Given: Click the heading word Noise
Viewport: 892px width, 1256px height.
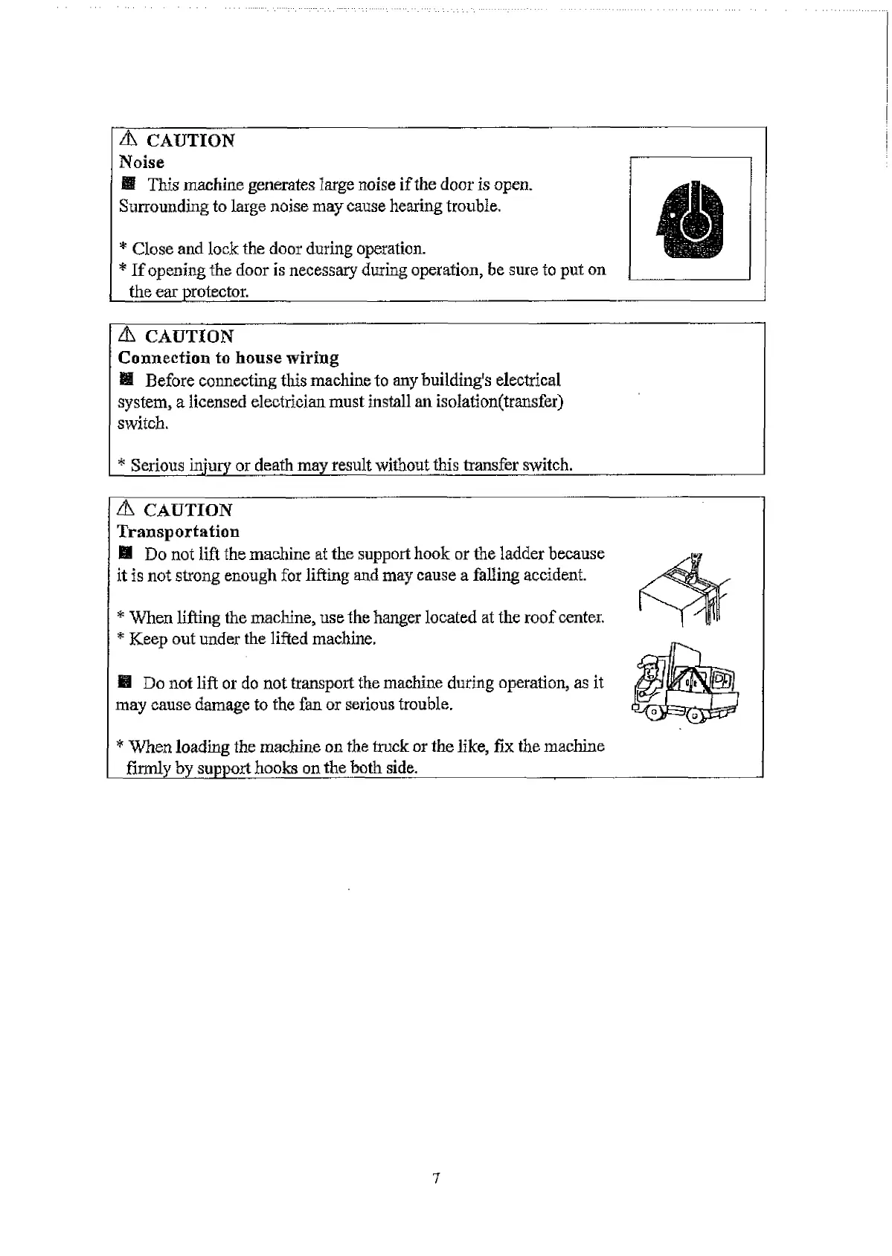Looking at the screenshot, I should pyautogui.click(x=141, y=162).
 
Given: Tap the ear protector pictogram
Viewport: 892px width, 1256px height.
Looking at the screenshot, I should pyautogui.click(x=690, y=218).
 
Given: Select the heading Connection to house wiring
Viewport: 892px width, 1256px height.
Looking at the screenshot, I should pyautogui.click(x=228, y=358).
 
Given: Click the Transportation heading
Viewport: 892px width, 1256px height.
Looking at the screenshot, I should pyautogui.click(x=179, y=532).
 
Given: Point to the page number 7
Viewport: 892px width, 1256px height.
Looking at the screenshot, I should pyautogui.click(x=436, y=1178).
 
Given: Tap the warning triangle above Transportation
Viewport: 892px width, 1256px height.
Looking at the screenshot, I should pyautogui.click(x=126, y=509).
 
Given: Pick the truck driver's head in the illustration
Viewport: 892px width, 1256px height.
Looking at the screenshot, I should pyautogui.click(x=649, y=668).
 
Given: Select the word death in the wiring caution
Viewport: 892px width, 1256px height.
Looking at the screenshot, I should pyautogui.click(x=274, y=466).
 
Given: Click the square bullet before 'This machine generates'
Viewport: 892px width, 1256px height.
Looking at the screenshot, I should pyautogui.click(x=127, y=184).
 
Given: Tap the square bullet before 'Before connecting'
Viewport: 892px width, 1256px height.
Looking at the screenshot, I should pyautogui.click(x=126, y=381).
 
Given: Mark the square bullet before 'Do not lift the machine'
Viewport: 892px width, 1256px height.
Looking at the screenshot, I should pyautogui.click(x=125, y=554).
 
